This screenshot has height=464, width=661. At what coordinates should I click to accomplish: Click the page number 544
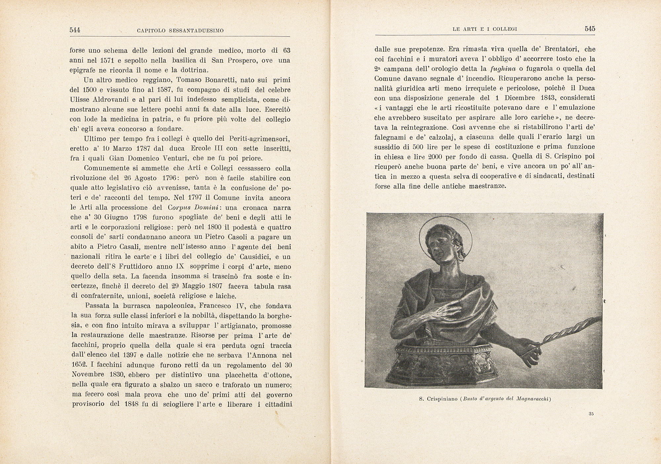coord(75,30)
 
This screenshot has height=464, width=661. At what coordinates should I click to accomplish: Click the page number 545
coord(590,29)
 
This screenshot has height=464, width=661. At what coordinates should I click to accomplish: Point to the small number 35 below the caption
coord(591,414)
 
